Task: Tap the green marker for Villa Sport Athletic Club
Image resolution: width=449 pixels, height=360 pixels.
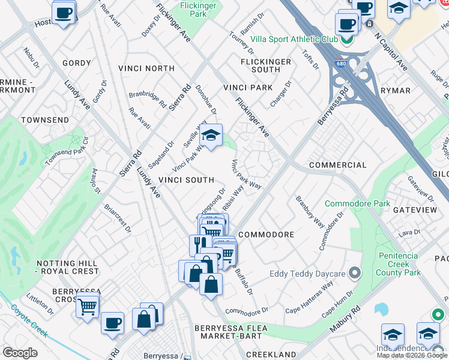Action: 346,39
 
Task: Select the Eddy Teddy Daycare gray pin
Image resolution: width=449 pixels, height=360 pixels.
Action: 355,274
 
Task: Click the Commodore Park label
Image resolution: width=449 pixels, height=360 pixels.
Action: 357,204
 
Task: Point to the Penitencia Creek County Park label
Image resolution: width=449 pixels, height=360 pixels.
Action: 398,264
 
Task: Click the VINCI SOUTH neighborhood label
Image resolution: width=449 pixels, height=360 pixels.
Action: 186,180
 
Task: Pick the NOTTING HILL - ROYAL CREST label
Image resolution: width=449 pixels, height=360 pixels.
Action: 67,267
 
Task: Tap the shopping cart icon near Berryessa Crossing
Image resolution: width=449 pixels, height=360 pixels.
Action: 88,307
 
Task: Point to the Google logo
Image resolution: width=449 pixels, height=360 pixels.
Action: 20,353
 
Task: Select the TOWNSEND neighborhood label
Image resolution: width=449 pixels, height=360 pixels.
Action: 45,120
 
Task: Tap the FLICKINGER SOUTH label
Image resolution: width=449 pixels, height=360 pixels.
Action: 265,65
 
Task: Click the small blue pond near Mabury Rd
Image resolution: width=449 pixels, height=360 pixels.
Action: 381,309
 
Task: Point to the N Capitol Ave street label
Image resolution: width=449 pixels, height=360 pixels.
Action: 391,53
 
